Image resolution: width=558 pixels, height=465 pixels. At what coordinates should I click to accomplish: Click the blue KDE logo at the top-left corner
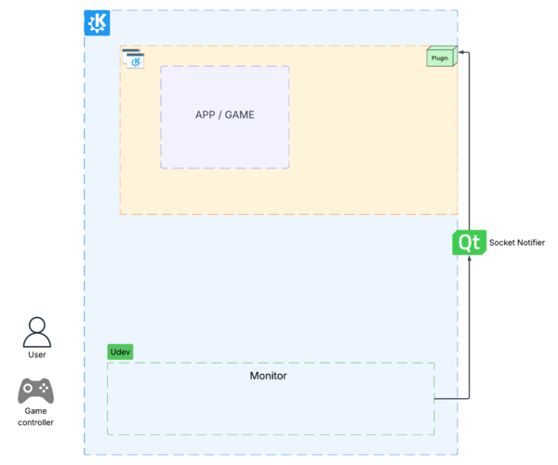pos(97,23)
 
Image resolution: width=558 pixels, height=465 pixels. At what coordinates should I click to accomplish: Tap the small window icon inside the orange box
pos(134,59)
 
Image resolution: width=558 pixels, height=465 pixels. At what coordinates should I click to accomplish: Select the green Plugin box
pos(441,57)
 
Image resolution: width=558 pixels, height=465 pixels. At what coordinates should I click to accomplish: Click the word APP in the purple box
pos(205,115)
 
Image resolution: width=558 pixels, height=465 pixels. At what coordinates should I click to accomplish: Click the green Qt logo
pos(468,243)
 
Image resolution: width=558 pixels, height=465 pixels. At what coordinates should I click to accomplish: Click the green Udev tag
pos(120,352)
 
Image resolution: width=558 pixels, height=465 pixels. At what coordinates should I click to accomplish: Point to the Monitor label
pos(268,376)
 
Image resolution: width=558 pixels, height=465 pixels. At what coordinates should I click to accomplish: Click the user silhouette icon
pos(36,332)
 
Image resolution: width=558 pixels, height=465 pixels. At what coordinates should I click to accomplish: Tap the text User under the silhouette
pos(36,354)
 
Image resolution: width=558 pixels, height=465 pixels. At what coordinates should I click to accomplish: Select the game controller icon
pos(36,390)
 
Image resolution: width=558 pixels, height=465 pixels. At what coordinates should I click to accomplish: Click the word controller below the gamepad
pos(36,422)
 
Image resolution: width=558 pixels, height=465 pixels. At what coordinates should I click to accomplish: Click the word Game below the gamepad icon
pos(36,410)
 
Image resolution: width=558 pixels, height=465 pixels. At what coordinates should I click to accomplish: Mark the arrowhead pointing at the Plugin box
pos(462,53)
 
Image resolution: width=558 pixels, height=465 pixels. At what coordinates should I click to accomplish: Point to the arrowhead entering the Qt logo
pos(469,259)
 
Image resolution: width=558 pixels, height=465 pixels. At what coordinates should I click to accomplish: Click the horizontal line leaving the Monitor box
pos(451,399)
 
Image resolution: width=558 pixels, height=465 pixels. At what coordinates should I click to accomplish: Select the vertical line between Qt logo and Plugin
pos(469,139)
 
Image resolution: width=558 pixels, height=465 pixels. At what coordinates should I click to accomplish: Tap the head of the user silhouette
pos(36,325)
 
